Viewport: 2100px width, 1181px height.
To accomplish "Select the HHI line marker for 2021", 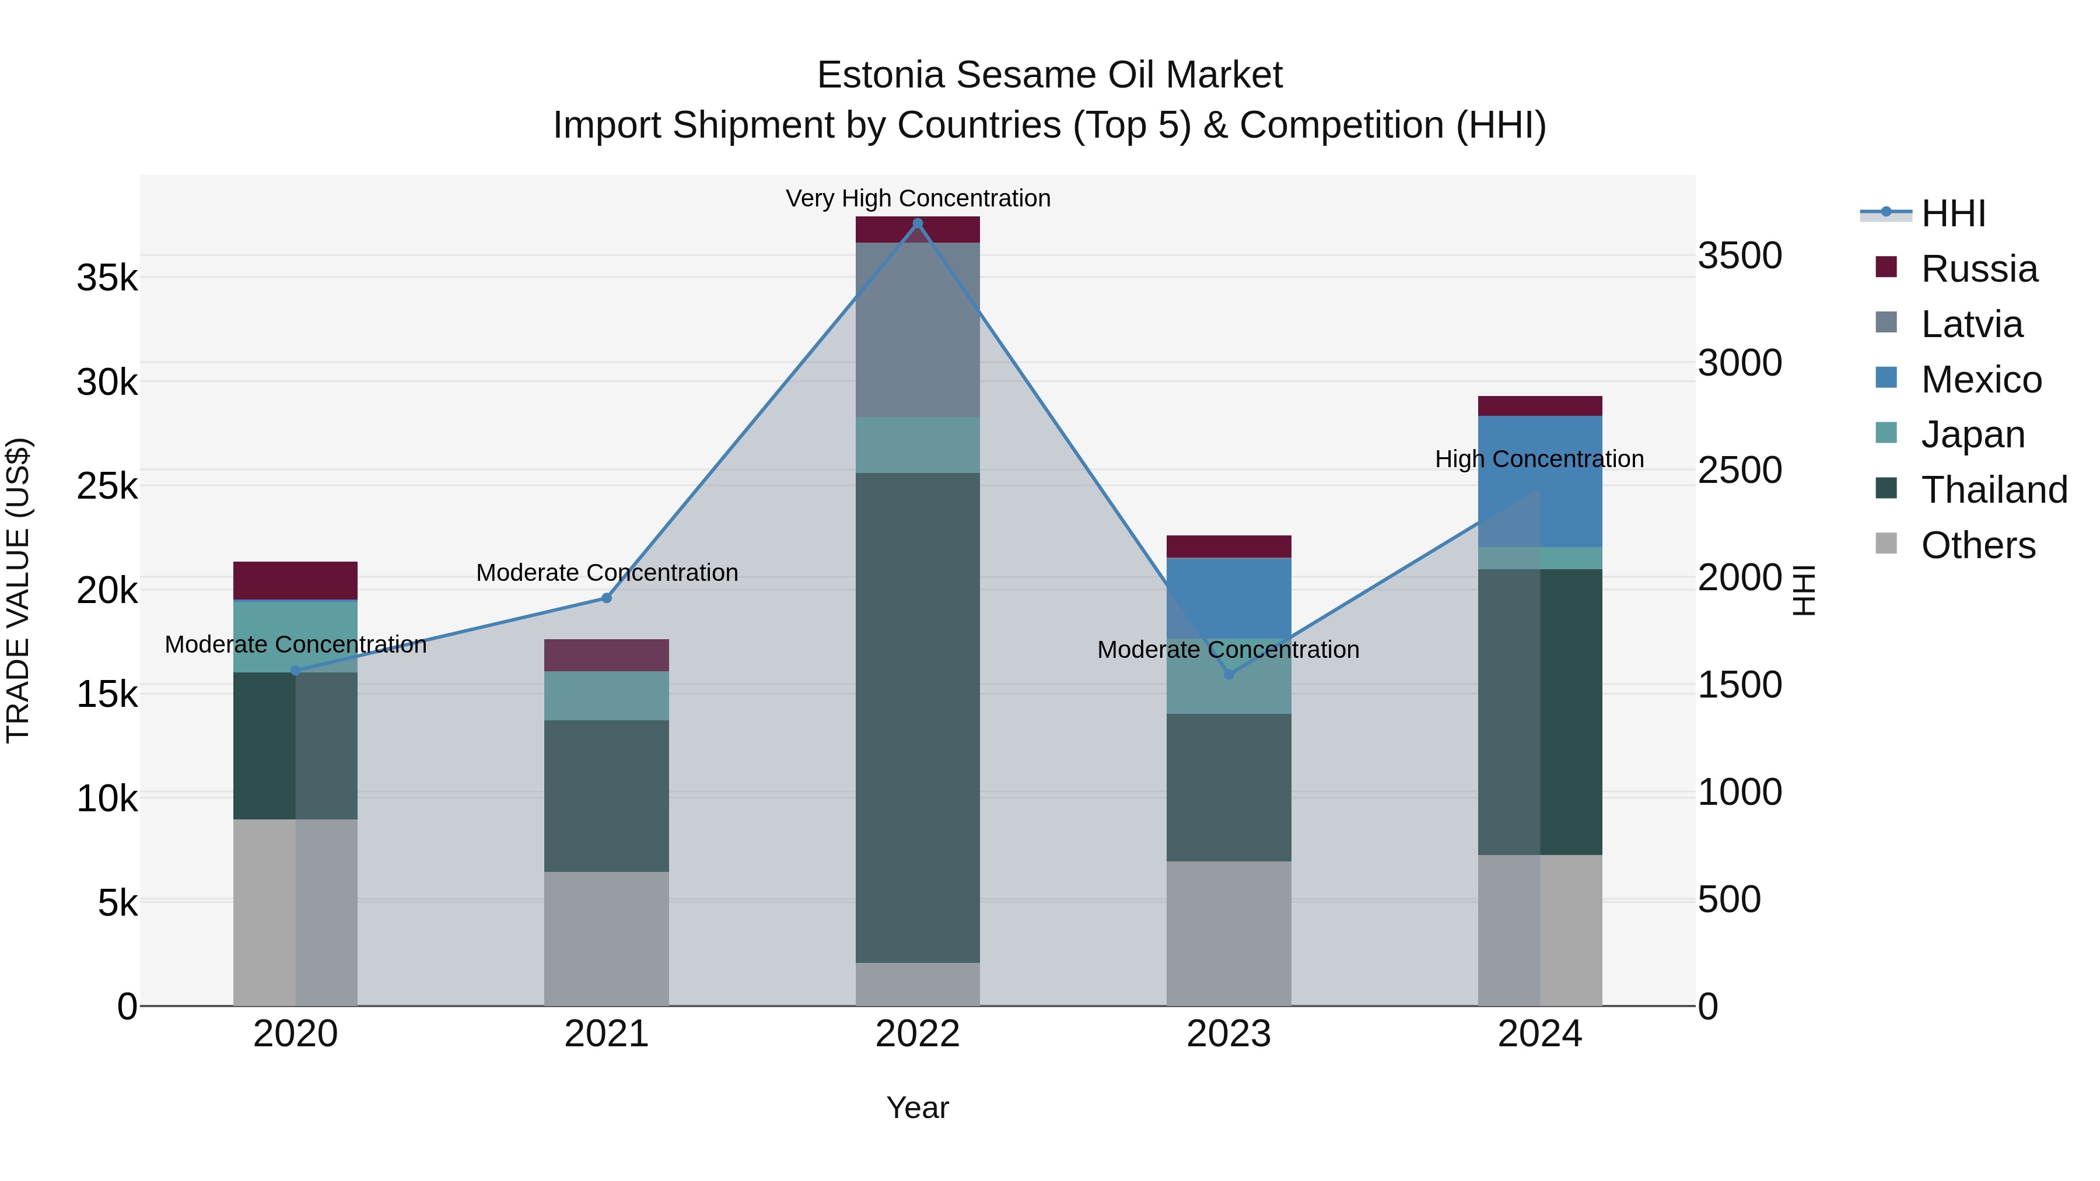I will pos(607,598).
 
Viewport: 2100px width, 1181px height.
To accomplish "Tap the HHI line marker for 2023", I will pos(1228,674).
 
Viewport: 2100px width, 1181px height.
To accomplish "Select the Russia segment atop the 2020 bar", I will pos(295,580).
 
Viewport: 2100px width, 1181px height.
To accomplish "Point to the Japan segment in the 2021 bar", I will pos(607,695).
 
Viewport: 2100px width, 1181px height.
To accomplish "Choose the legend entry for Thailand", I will pos(1993,490).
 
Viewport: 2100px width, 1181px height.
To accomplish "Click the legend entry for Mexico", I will pos(1980,380).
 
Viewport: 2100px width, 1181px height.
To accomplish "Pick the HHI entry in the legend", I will pos(1952,213).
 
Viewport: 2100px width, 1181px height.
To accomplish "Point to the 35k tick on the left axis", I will pos(107,278).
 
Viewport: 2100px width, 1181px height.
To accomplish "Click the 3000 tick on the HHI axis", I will pos(1739,363).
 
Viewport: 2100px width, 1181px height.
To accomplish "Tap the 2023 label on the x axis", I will pos(1228,1034).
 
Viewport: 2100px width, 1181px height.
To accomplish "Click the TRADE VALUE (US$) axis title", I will pos(18,590).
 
